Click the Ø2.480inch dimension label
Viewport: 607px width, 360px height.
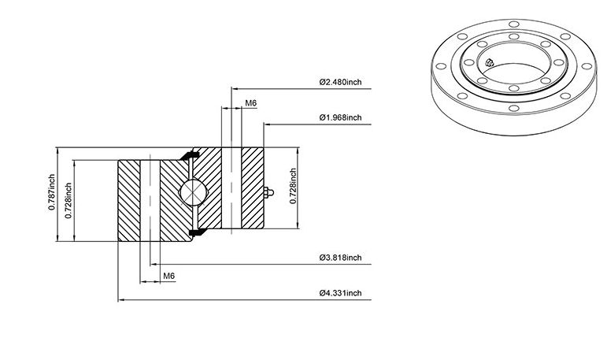[340, 82]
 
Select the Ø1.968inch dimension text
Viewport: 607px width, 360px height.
[340, 117]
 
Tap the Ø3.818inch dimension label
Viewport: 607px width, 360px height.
[340, 258]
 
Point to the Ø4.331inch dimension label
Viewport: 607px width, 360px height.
[340, 293]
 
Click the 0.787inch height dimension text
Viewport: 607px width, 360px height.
[51, 192]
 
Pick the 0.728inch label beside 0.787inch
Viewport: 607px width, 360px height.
[68, 200]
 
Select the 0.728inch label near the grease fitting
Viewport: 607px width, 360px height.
[293, 186]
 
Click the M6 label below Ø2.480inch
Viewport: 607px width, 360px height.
[251, 103]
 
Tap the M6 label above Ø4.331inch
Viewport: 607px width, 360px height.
[168, 276]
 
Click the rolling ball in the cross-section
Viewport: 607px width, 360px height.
[193, 192]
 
